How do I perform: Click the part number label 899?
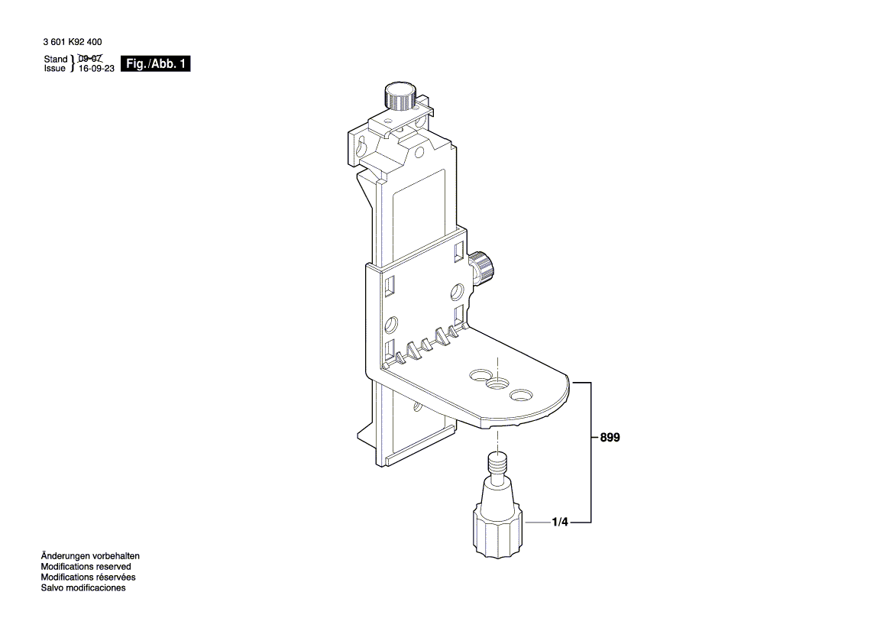tap(610, 438)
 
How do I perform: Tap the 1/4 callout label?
tap(560, 522)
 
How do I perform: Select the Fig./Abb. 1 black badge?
tap(156, 63)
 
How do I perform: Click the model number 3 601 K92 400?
tap(73, 42)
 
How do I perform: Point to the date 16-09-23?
tap(96, 68)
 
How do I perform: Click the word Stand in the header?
tap(56, 59)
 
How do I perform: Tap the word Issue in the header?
tap(55, 68)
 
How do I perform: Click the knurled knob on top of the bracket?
tap(400, 95)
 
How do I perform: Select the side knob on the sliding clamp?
tap(482, 267)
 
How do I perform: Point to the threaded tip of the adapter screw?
tap(498, 462)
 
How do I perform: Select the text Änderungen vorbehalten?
tap(90, 556)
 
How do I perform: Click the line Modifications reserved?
tap(86, 567)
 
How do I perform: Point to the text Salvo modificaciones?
tap(83, 587)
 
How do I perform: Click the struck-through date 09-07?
tap(90, 58)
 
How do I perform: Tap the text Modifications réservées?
tap(88, 577)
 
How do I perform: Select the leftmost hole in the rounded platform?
tap(481, 375)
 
